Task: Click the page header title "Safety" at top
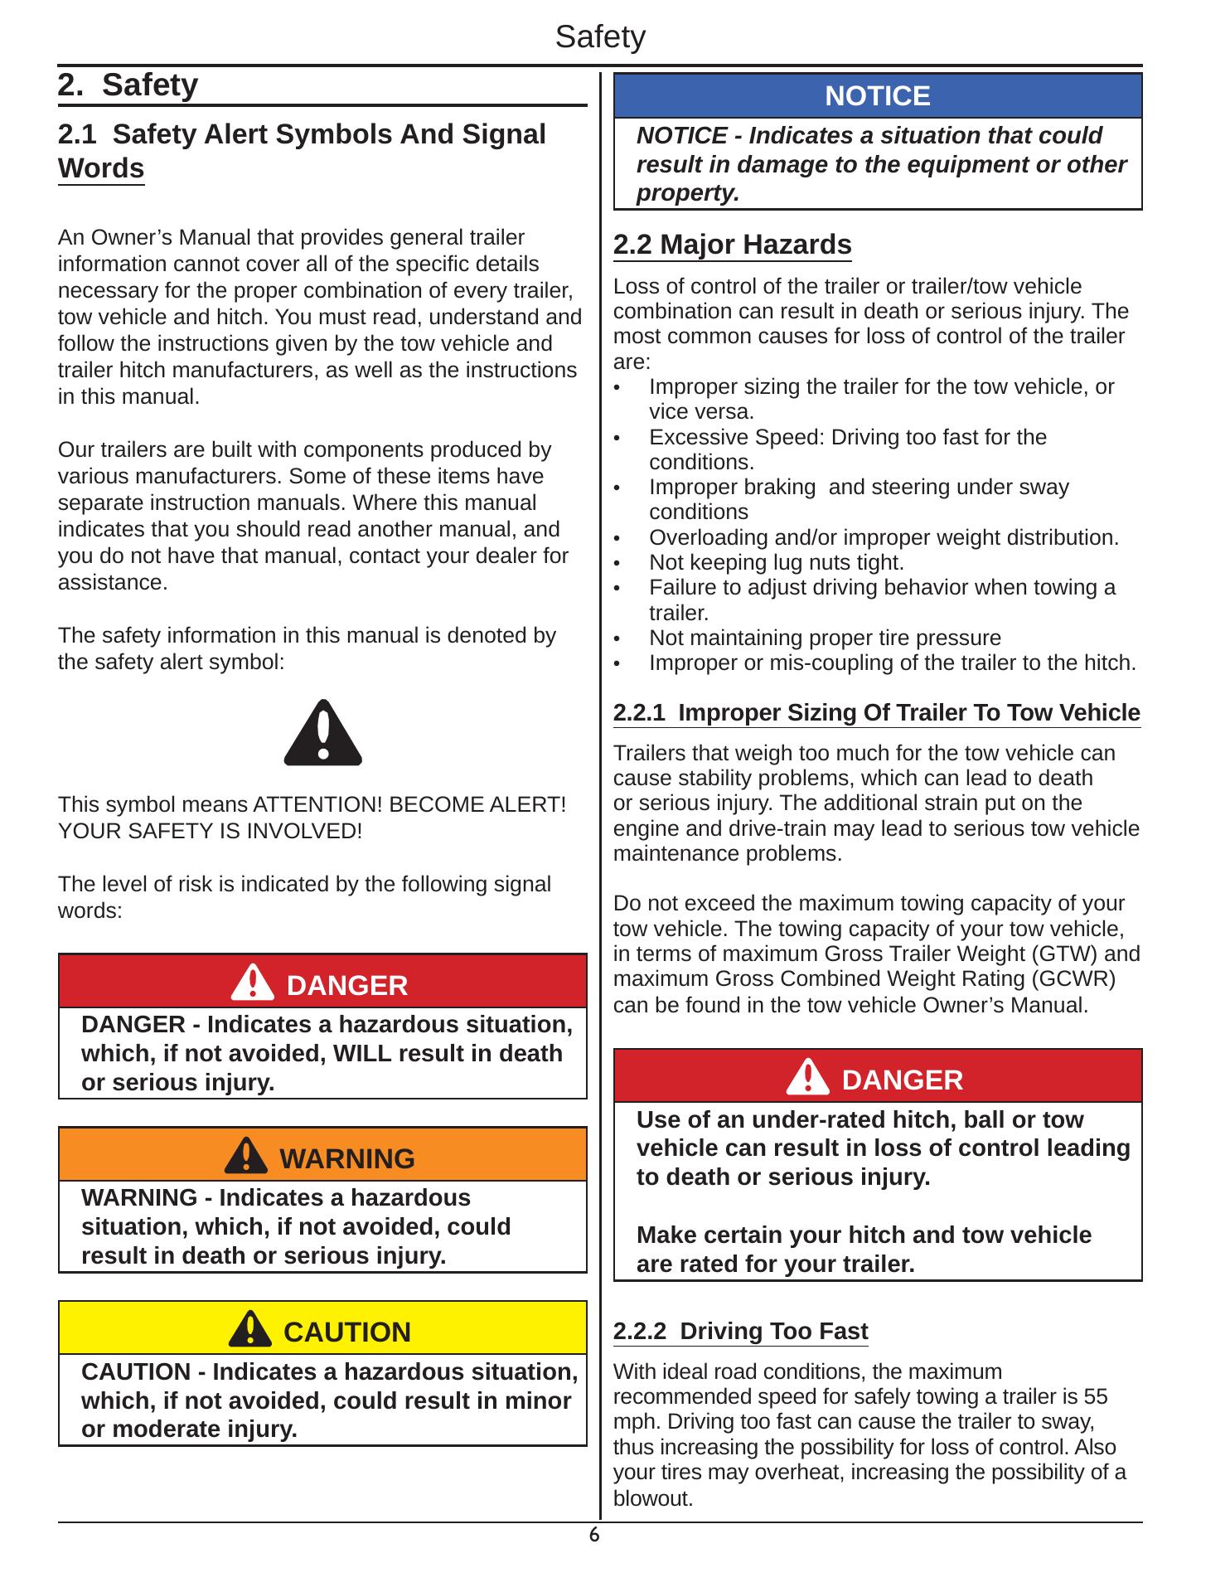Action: [600, 37]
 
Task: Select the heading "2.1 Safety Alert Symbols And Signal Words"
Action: [302, 151]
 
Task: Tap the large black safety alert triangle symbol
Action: [322, 733]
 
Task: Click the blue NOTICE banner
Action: [878, 96]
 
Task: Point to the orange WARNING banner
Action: [322, 1158]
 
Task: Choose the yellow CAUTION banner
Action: [322, 1332]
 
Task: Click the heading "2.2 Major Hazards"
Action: [732, 245]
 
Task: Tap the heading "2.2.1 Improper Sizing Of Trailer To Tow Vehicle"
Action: [876, 713]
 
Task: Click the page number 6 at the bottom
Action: [593, 1536]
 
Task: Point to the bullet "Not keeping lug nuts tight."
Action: [776, 563]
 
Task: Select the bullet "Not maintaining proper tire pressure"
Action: [825, 638]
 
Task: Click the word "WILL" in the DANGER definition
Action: [361, 1053]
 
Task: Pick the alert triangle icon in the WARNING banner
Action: [246, 1157]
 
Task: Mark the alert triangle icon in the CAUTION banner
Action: [249, 1331]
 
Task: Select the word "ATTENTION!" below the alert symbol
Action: [317, 805]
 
